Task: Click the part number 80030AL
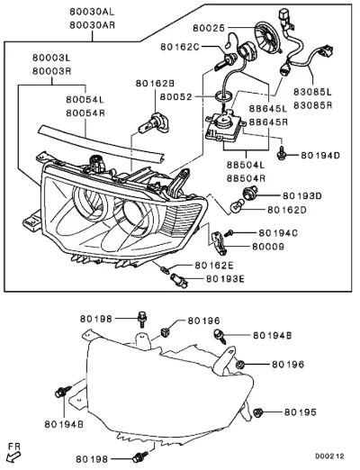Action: [92, 12]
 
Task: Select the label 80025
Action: [209, 28]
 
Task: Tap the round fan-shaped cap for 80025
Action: [268, 36]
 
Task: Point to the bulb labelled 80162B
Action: [153, 124]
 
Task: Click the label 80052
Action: [175, 97]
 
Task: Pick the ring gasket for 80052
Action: [224, 96]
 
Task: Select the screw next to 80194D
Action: [281, 153]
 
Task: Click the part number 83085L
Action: [312, 92]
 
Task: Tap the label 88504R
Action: [246, 179]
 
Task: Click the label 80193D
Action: [302, 196]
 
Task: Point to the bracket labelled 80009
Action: [219, 242]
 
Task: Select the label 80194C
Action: [278, 233]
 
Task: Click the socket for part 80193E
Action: [179, 280]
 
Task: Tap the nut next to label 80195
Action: [258, 413]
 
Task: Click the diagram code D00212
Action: [329, 456]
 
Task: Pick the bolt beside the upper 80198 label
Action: [142, 320]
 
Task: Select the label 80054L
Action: [85, 99]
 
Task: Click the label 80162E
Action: [214, 266]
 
